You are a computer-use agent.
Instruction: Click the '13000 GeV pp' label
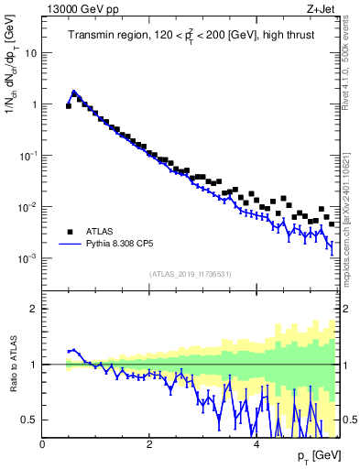click(78, 10)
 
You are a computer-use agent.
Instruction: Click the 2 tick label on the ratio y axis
click(35, 309)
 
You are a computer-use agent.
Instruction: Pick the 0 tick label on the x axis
click(42, 445)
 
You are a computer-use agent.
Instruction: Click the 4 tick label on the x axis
click(256, 445)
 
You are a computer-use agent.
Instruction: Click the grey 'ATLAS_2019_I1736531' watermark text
click(190, 274)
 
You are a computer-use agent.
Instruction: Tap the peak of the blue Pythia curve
click(74, 92)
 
